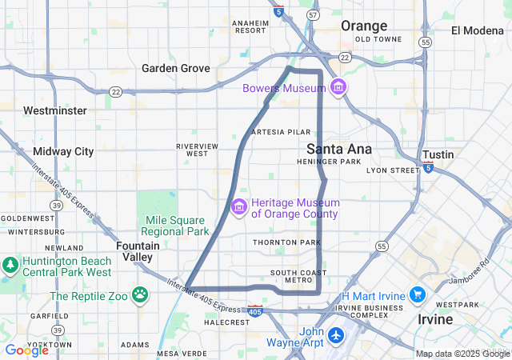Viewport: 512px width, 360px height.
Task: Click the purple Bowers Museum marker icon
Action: pos(338,86)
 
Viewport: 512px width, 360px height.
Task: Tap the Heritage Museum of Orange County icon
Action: pos(238,208)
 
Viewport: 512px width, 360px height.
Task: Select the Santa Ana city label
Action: pos(339,149)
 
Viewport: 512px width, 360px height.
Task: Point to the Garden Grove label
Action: pos(176,68)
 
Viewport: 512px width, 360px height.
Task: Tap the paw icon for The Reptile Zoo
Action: pos(141,295)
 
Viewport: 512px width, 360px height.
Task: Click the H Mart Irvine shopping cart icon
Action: pos(418,295)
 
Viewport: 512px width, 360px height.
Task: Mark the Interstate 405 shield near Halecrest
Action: pos(254,309)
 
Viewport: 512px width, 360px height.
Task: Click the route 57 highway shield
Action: pos(314,15)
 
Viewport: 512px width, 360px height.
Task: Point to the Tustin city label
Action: pos(438,154)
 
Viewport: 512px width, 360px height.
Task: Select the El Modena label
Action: pos(479,30)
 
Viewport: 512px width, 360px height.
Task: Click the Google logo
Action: pos(26,350)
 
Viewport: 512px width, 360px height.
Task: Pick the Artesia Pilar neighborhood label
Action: pos(280,131)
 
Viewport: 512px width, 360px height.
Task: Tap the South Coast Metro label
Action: pos(298,276)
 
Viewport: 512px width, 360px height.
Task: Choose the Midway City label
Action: pos(63,151)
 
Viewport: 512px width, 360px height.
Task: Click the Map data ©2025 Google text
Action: pos(462,354)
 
